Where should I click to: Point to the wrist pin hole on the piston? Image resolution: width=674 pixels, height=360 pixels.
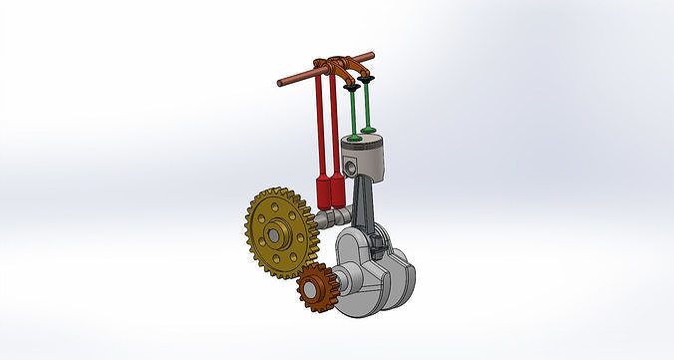point(350,164)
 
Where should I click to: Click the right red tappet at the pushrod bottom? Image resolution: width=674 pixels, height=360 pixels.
point(339,190)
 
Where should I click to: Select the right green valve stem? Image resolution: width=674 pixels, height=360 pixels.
point(370,105)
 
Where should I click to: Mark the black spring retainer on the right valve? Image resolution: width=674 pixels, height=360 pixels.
point(370,78)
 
